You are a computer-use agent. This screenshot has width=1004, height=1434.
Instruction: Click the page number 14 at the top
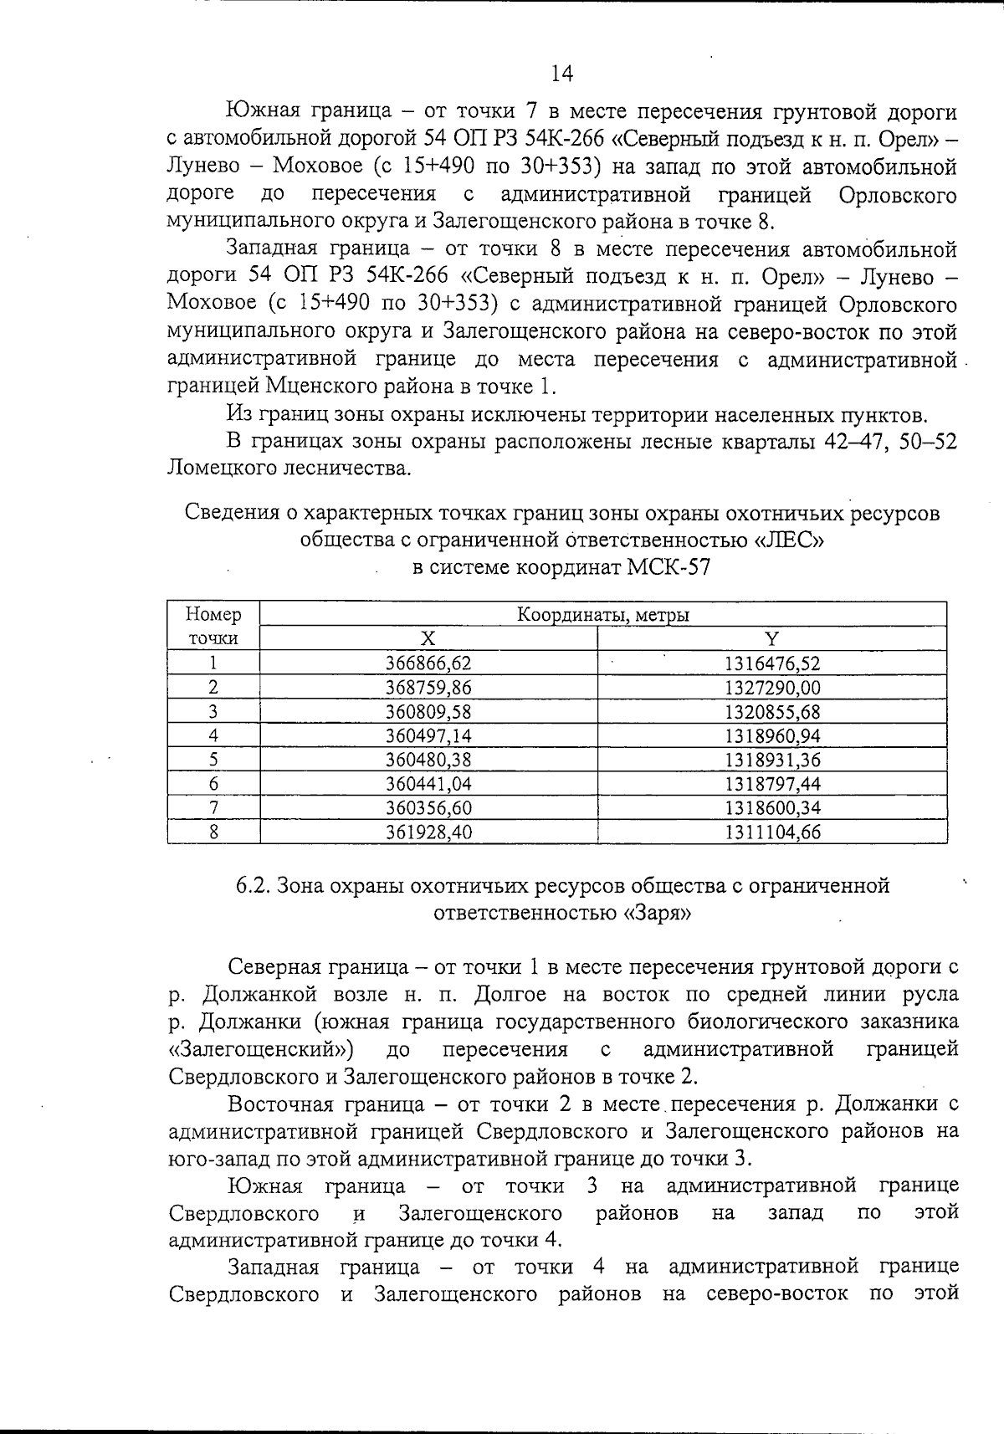[562, 74]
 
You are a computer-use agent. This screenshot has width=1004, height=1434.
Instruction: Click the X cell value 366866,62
[428, 663]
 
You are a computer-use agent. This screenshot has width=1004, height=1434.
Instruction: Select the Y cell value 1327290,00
[771, 688]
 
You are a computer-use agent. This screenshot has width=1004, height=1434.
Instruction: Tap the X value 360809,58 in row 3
[428, 712]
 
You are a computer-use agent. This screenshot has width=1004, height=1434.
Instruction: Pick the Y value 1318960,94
[771, 736]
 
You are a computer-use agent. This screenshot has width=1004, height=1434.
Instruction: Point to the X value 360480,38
[428, 760]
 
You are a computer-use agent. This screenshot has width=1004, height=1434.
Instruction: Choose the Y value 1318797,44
[771, 784]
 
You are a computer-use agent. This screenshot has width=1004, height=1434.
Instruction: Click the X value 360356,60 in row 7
[428, 808]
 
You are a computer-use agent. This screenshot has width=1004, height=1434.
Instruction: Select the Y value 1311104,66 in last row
[771, 832]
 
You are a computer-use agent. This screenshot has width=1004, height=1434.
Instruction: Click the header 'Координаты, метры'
[602, 615]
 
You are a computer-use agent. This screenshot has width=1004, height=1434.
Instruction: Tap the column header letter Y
[771, 639]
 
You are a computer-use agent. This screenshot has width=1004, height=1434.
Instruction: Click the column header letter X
[428, 639]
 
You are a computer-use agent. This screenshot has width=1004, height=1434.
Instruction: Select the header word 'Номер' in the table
[213, 615]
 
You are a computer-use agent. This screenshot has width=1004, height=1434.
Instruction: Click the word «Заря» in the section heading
[657, 913]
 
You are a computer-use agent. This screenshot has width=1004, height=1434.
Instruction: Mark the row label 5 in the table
[213, 760]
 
